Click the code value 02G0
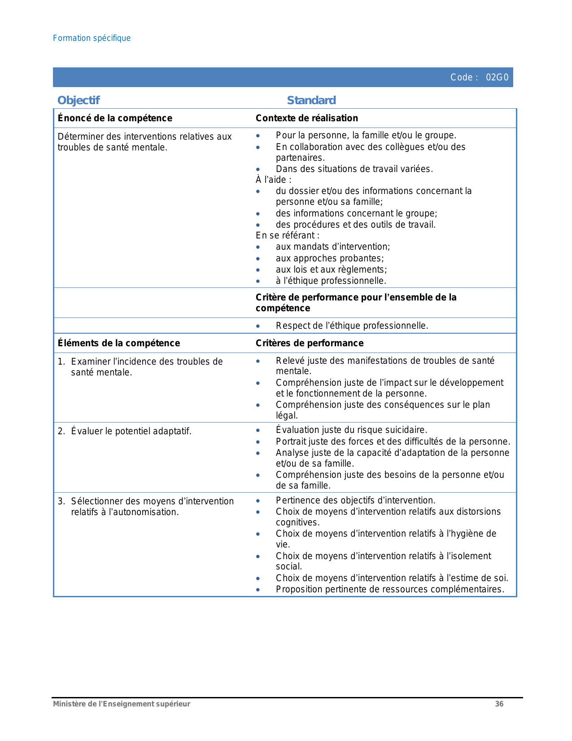(x=497, y=77)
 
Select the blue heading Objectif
(x=79, y=100)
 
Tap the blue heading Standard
(x=311, y=100)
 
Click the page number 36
(x=499, y=704)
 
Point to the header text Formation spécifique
(x=92, y=38)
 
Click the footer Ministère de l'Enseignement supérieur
(x=122, y=704)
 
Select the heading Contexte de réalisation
(x=307, y=118)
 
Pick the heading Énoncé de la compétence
(x=115, y=118)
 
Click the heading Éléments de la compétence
(x=119, y=343)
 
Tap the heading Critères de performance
(x=310, y=343)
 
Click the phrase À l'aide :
(x=274, y=180)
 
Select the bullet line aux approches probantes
(x=330, y=258)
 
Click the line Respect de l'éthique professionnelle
(x=352, y=326)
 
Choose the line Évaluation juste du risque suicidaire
(x=351, y=430)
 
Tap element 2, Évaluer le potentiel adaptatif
(x=131, y=431)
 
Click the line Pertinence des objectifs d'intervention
(x=355, y=500)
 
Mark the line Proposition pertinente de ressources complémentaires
(x=390, y=589)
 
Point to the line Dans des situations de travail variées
(x=354, y=169)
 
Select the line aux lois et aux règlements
(x=331, y=269)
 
